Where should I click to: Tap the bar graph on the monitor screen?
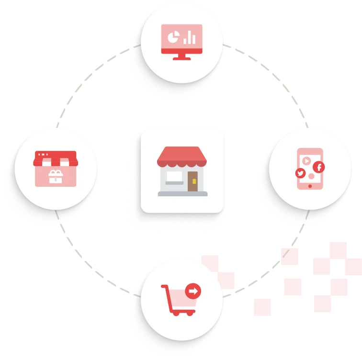190,37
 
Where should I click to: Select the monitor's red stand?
181,56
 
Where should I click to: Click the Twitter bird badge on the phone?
300,173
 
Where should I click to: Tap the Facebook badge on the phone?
318,167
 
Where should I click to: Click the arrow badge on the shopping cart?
193,291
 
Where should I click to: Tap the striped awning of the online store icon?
56,159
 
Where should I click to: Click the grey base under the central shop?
182,193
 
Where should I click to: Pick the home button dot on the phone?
311,185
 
